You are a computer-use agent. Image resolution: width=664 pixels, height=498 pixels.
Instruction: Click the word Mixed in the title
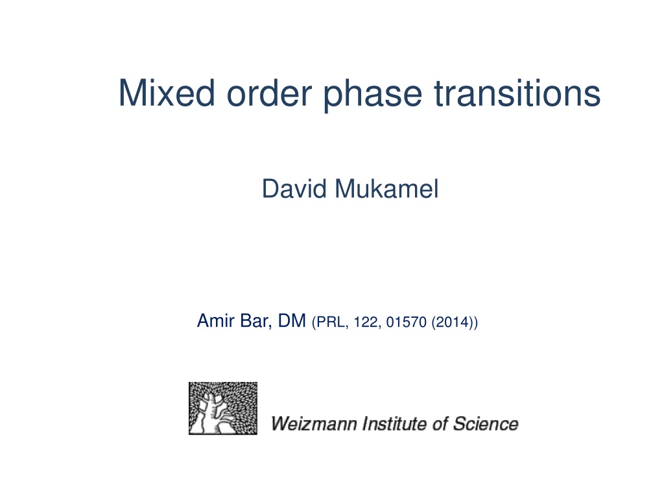point(167,93)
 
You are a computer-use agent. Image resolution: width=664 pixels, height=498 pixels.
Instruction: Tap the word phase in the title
point(373,95)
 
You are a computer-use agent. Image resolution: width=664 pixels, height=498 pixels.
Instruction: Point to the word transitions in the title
point(517,93)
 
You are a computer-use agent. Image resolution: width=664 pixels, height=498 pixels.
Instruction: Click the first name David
point(294,189)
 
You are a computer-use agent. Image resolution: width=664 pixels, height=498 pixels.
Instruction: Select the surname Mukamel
point(386,189)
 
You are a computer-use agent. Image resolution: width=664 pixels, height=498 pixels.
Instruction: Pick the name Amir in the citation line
point(215,320)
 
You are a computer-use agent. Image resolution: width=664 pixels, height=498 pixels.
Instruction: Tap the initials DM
point(292,320)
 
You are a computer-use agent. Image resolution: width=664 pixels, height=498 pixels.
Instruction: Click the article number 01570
point(406,322)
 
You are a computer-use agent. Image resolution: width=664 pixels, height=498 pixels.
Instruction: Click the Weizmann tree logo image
point(223,409)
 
